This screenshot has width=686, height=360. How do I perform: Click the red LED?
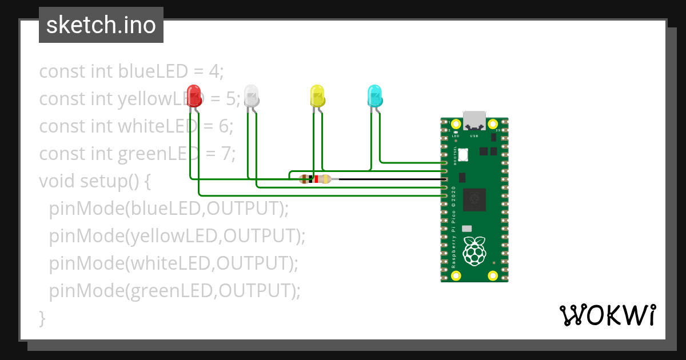[x=194, y=95]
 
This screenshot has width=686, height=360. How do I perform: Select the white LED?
[x=252, y=95]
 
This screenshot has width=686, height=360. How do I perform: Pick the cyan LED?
[x=374, y=95]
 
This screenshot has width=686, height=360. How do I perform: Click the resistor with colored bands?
[x=315, y=179]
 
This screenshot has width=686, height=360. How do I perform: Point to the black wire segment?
[x=389, y=179]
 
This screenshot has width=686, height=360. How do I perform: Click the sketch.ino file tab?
[x=101, y=25]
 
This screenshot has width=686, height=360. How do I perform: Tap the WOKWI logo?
[x=607, y=315]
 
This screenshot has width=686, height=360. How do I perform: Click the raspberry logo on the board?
[x=474, y=251]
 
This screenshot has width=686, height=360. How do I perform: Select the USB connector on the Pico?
[x=474, y=120]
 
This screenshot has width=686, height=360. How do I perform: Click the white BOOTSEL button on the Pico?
[x=463, y=154]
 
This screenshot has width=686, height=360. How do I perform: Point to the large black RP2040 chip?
[x=474, y=199]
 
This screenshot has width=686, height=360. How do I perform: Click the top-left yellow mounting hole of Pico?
[x=456, y=124]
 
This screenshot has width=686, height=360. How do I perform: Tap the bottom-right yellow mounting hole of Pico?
[x=492, y=275]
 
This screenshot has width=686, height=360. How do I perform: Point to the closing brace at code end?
[x=42, y=318]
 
